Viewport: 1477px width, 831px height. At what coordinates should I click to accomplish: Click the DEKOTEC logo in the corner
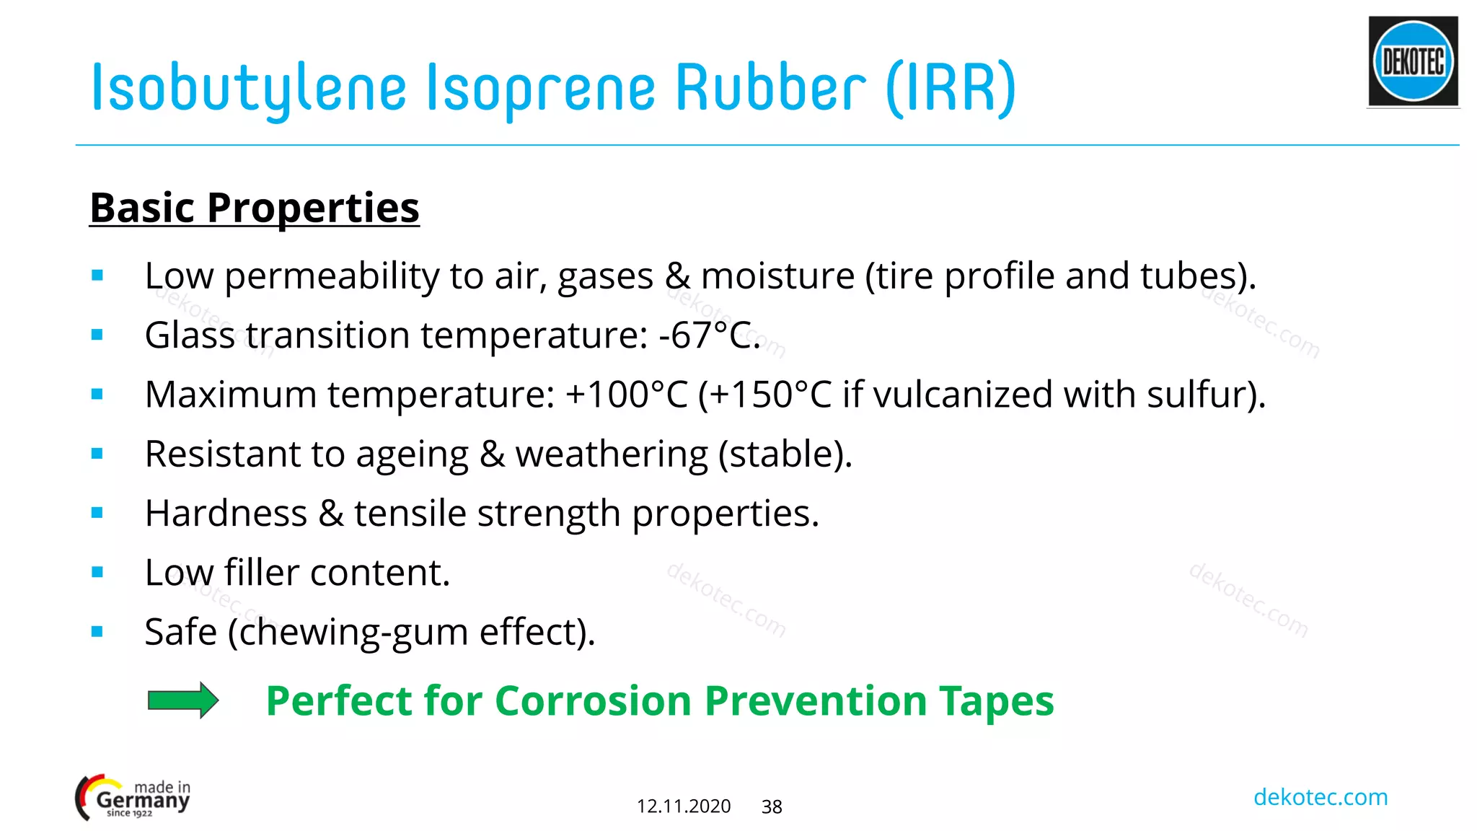(x=1413, y=62)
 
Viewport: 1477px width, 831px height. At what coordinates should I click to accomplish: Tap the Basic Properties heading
(x=255, y=208)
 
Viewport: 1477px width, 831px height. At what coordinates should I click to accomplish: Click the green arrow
(x=182, y=700)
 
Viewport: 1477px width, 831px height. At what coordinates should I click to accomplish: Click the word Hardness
(x=226, y=514)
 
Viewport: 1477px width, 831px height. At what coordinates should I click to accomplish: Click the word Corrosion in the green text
(x=594, y=700)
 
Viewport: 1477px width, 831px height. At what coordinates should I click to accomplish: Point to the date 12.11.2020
(x=683, y=806)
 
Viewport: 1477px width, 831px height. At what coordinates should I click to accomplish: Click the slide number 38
(x=772, y=806)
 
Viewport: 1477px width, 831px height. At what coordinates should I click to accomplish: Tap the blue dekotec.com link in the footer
(x=1320, y=797)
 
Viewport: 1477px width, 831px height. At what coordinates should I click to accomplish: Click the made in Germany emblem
(x=133, y=798)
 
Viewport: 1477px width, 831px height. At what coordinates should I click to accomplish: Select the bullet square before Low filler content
(x=97, y=573)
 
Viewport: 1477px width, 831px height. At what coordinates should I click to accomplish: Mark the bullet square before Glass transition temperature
(x=97, y=335)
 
